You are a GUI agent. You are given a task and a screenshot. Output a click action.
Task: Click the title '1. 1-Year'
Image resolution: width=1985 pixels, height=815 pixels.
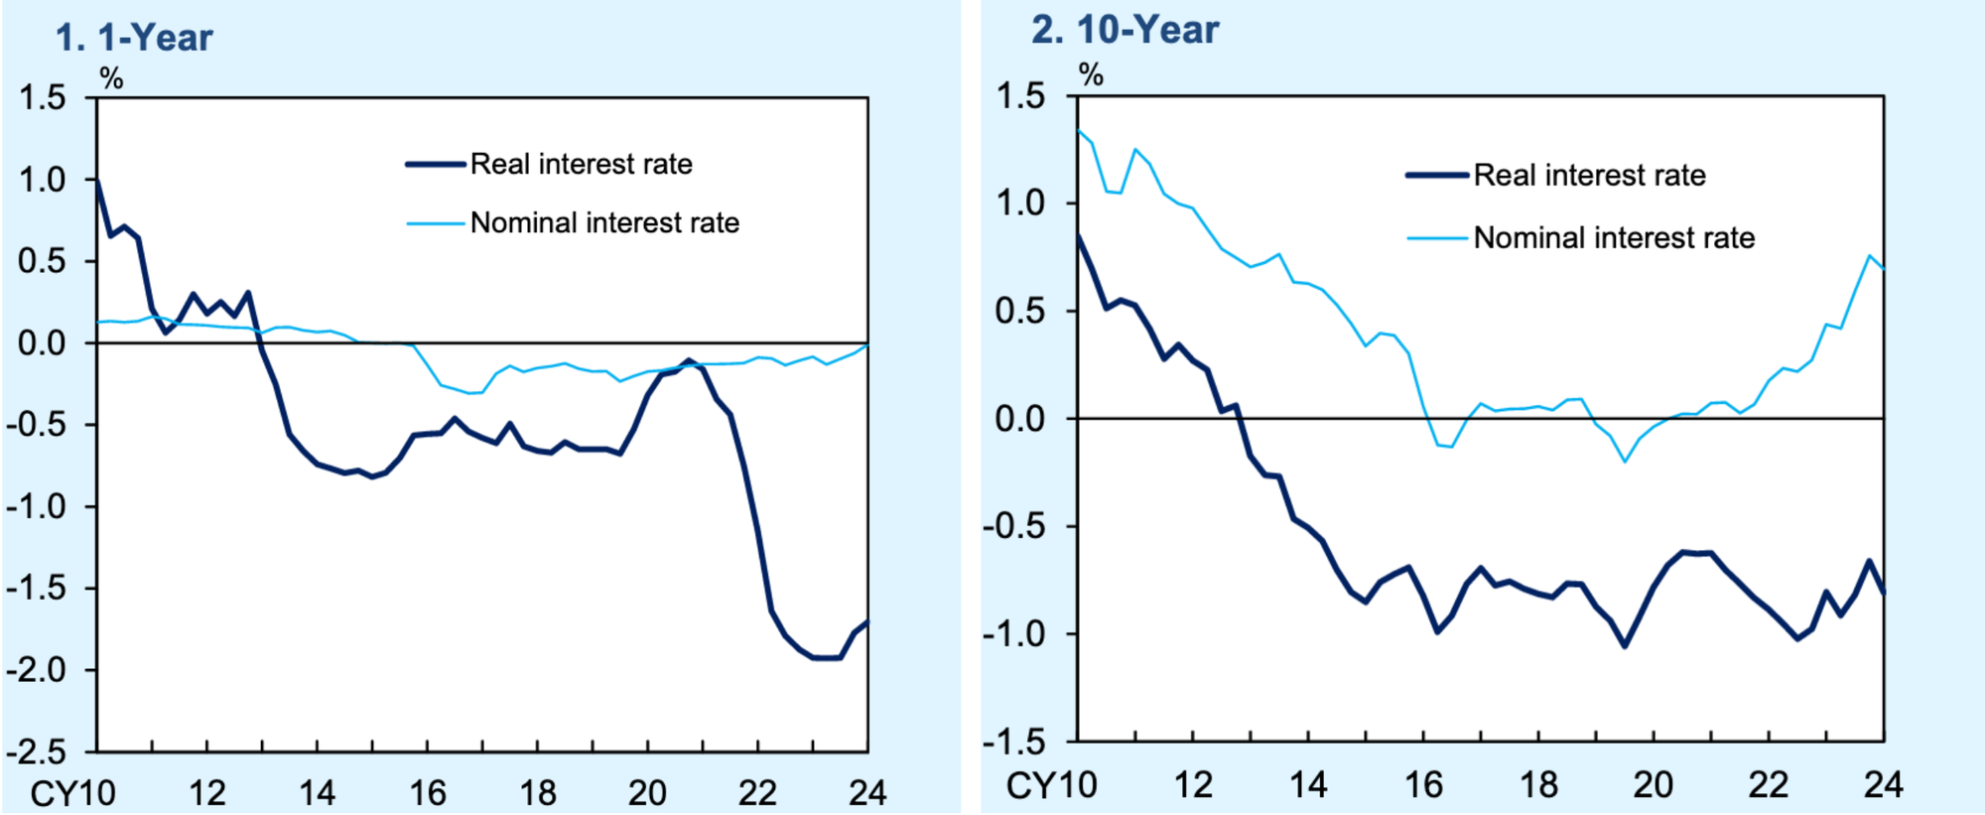(x=134, y=38)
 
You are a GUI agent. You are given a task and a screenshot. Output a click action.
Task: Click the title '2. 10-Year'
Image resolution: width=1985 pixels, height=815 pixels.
(x=1125, y=30)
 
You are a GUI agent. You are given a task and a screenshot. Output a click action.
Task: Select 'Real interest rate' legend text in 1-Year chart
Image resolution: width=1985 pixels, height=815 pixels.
(x=581, y=164)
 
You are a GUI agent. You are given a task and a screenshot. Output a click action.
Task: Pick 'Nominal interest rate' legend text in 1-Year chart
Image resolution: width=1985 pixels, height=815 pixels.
(x=604, y=222)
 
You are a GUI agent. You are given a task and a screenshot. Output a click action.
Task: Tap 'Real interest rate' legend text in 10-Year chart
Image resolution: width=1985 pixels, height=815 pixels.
(x=1589, y=176)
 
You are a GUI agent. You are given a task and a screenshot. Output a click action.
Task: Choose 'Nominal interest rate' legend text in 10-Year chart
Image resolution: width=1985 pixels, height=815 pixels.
(x=1614, y=238)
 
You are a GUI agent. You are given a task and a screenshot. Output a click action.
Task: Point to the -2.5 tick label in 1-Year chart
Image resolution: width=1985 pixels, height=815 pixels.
(x=36, y=751)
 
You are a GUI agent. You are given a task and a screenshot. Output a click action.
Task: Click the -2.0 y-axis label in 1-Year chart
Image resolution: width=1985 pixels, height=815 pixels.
(x=36, y=670)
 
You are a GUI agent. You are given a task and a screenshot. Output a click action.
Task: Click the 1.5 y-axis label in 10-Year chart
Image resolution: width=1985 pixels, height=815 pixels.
(x=1021, y=96)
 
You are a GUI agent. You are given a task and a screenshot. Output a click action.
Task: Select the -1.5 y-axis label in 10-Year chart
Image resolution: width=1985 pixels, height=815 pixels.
(x=1014, y=741)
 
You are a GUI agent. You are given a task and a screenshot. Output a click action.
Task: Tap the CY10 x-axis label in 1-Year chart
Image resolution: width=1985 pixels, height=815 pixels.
(x=72, y=793)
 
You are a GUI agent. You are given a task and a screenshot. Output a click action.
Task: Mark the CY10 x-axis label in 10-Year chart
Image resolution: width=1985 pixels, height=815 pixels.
(x=1051, y=785)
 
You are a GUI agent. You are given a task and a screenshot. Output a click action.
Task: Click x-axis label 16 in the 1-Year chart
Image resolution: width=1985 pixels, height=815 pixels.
(x=428, y=793)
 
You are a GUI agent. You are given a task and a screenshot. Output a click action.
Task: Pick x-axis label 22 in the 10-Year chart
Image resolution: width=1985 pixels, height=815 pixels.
(x=1768, y=785)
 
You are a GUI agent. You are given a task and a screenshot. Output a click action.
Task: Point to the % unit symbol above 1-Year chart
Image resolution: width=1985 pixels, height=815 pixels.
(x=111, y=78)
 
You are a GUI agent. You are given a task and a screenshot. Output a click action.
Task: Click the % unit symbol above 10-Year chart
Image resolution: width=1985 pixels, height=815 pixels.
(x=1091, y=74)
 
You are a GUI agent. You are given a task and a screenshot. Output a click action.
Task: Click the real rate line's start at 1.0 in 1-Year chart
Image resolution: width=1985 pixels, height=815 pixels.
(x=97, y=181)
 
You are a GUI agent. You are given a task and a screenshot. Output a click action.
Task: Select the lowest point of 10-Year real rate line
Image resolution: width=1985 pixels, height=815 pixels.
(x=1625, y=646)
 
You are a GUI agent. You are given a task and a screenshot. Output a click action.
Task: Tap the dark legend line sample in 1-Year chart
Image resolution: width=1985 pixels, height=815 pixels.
(x=436, y=165)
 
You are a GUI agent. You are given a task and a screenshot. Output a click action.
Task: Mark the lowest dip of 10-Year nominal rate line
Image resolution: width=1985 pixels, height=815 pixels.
(x=1625, y=461)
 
